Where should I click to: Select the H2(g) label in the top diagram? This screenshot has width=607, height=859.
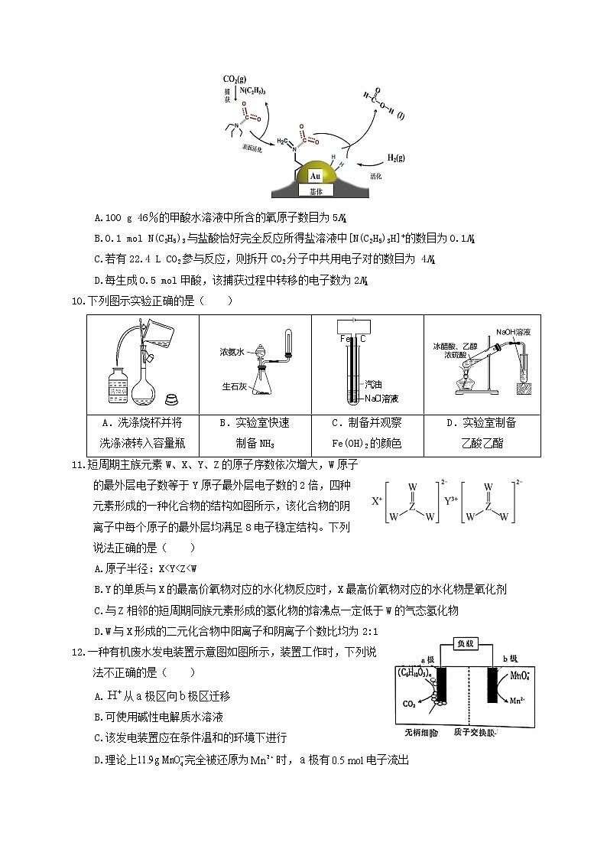(x=395, y=158)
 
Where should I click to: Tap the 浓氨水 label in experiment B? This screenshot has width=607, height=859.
(x=232, y=352)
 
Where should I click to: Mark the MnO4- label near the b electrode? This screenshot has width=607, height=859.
(x=511, y=675)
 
